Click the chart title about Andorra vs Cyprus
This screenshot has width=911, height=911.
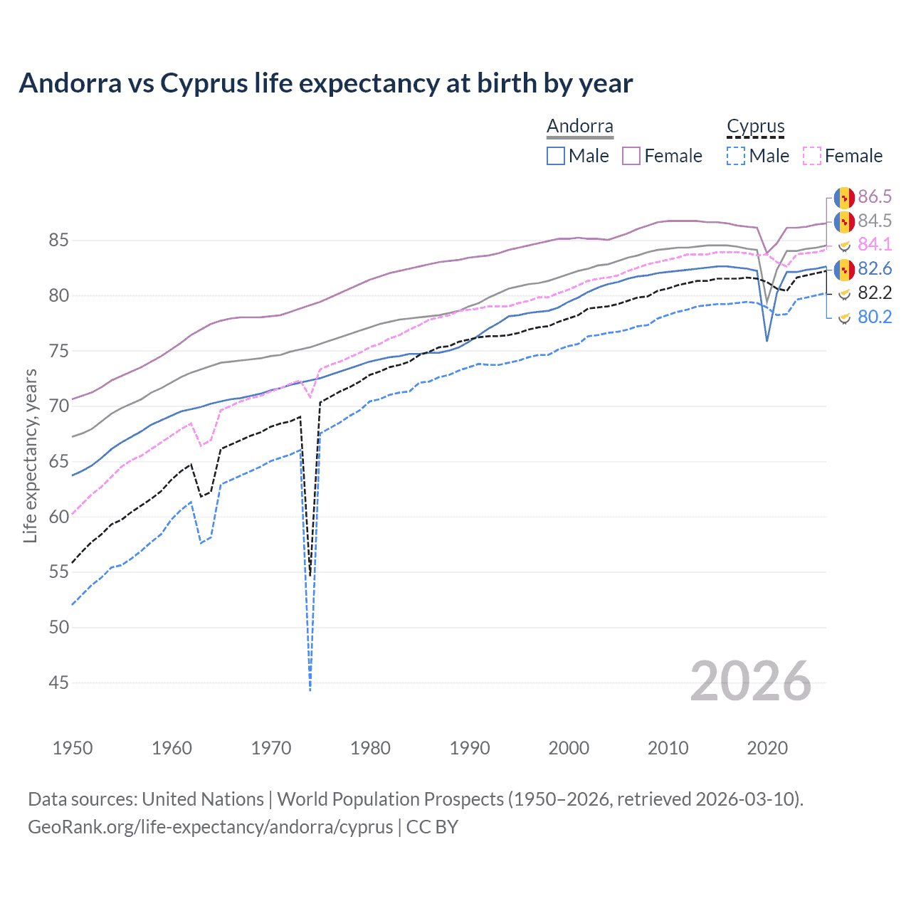click(325, 83)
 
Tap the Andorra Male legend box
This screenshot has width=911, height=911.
click(556, 156)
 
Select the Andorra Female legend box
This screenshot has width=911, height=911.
click(631, 156)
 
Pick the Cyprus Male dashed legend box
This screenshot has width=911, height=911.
click(736, 156)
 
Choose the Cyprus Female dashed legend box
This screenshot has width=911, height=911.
click(812, 156)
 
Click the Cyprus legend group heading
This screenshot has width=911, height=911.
click(755, 127)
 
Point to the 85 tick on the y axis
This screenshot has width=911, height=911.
click(58, 241)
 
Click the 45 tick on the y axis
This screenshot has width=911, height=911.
click(58, 683)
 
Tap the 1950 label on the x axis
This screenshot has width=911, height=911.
click(73, 748)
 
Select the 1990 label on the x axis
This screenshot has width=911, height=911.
click(470, 748)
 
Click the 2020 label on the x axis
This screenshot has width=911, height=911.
click(767, 748)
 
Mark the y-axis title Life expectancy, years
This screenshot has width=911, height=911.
click(30, 455)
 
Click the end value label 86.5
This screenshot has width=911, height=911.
click(875, 197)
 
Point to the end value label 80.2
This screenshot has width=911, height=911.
click(875, 317)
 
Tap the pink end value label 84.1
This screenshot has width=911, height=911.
click(875, 244)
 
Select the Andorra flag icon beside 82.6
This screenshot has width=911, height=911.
click(844, 270)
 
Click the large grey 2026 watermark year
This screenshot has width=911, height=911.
click(750, 681)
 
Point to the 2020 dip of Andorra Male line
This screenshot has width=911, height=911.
click(767, 341)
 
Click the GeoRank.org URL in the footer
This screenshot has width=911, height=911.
click(210, 827)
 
